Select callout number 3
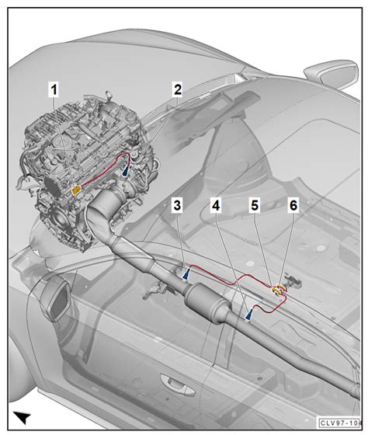pyautogui.click(x=178, y=206)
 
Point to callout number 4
pyautogui.click(x=215, y=206)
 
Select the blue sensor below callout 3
pyautogui.click(x=187, y=273)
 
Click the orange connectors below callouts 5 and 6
pyautogui.click(x=279, y=291)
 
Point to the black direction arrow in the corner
pyautogui.click(x=23, y=417)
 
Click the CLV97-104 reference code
pyautogui.click(x=341, y=425)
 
